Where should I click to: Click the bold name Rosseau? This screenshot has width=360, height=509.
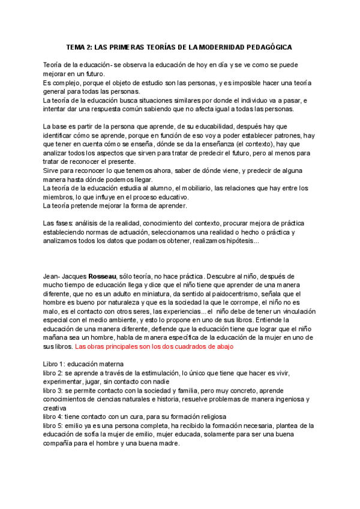pos(103,276)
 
